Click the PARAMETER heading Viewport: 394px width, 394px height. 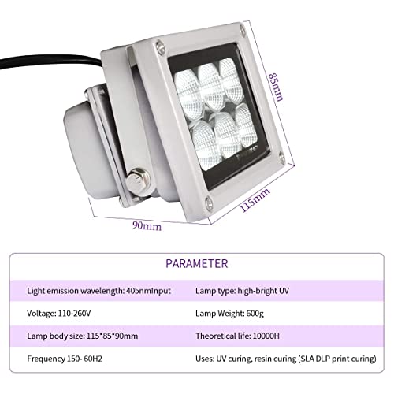tap(197, 263)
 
